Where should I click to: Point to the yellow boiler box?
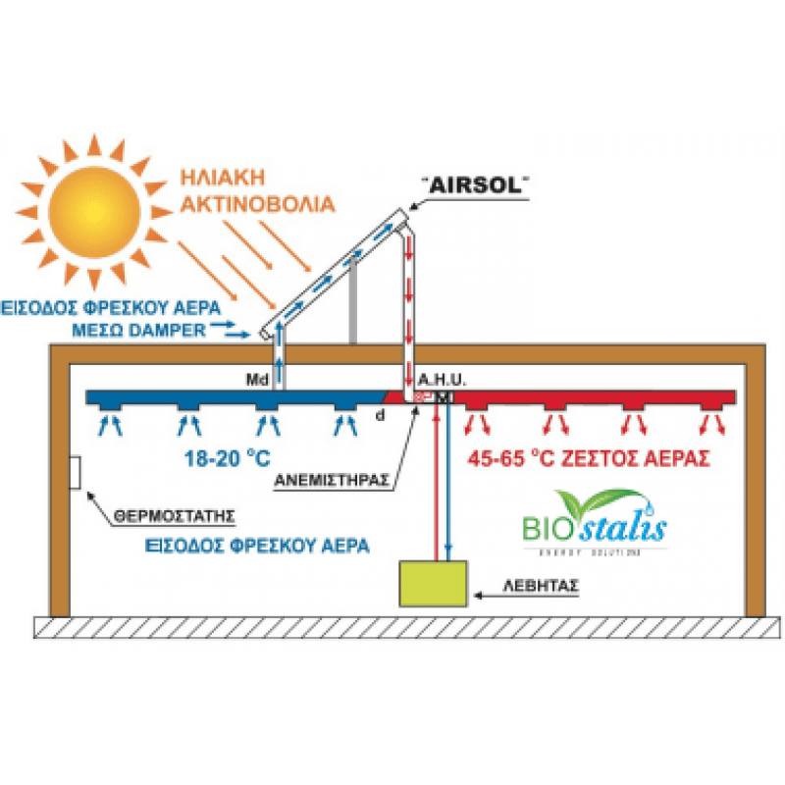(433, 586)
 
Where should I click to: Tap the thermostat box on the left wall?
(76, 475)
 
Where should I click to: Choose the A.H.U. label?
(437, 379)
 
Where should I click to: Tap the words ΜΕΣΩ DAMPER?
(140, 329)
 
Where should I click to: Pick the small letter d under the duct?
(381, 415)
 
